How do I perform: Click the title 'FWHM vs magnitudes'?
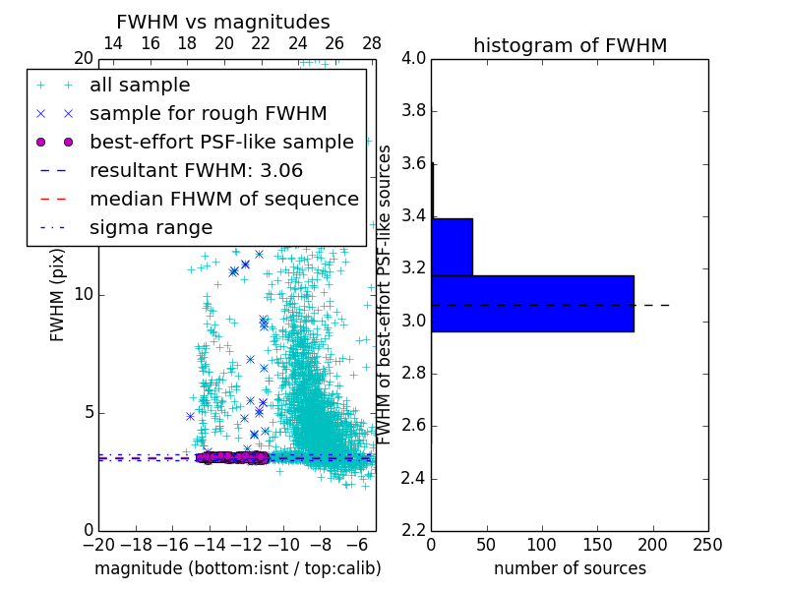pyautogui.click(x=223, y=22)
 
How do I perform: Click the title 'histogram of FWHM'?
pyautogui.click(x=570, y=45)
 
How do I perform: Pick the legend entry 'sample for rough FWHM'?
pyautogui.click(x=208, y=114)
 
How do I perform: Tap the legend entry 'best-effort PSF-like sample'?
pyautogui.click(x=221, y=143)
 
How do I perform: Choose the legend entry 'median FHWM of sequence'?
pyautogui.click(x=223, y=200)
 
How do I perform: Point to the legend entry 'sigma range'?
pyautogui.click(x=151, y=228)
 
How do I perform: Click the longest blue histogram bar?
pyautogui.click(x=532, y=303)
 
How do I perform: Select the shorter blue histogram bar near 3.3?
pyautogui.click(x=452, y=247)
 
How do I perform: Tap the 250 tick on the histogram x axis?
pyautogui.click(x=707, y=544)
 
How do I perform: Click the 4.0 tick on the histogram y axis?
pyautogui.click(x=414, y=58)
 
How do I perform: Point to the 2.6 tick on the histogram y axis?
pyautogui.click(x=414, y=426)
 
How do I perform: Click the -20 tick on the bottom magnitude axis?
pyautogui.click(x=98, y=544)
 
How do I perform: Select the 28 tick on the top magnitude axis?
pyautogui.click(x=372, y=43)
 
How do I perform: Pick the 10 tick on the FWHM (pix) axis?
pyautogui.click(x=83, y=294)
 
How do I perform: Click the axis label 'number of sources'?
pyautogui.click(x=570, y=568)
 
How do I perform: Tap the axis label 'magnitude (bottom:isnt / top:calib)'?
pyautogui.click(x=237, y=568)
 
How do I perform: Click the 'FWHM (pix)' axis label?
pyautogui.click(x=58, y=294)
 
